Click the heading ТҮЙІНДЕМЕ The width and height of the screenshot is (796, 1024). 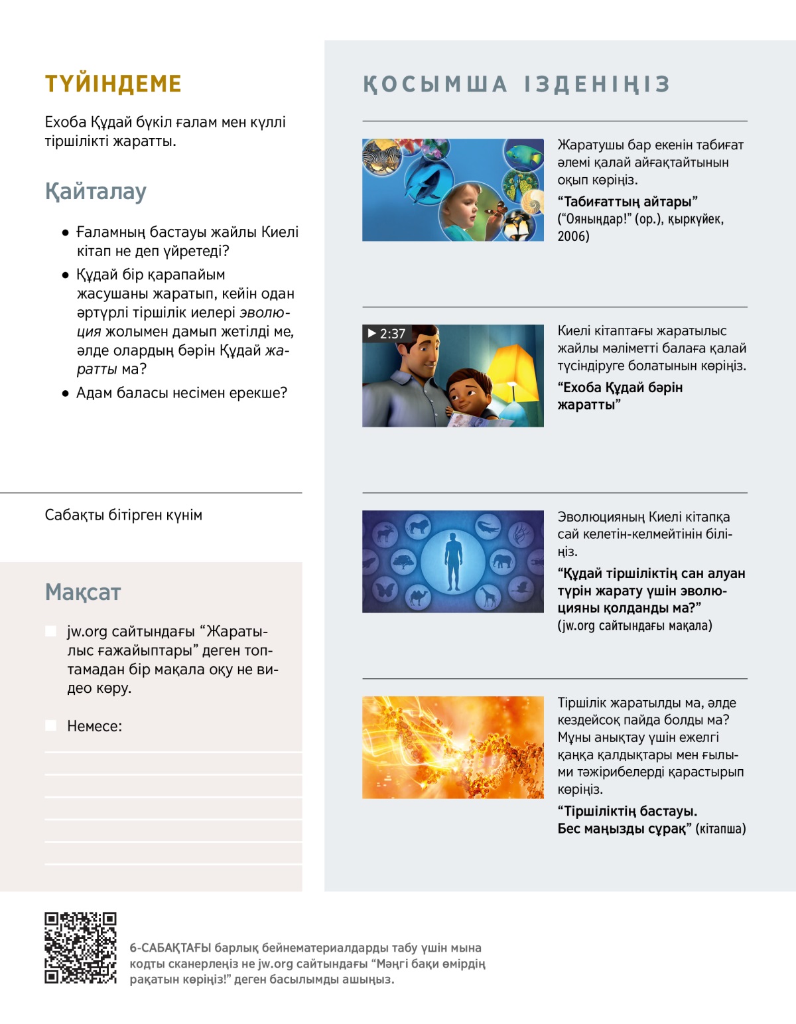coord(113,84)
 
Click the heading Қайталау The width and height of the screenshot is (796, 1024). coord(96,191)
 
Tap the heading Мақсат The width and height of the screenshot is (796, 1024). coord(83,592)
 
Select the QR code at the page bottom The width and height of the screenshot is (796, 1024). coord(80,948)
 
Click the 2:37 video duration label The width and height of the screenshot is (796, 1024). coord(387,334)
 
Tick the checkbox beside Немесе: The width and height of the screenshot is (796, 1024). coord(50,725)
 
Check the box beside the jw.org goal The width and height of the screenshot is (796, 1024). coord(50,630)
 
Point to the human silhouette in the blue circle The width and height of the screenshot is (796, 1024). coord(453,561)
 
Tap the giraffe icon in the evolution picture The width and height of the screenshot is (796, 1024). coord(489,597)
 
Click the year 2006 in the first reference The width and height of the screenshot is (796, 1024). coord(573,236)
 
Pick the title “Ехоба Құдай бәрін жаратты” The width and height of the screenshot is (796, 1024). coord(620,396)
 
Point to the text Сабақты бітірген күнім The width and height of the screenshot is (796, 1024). coord(123,515)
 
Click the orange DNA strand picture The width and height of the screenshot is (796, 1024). coord(453,747)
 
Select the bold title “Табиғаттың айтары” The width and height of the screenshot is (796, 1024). coord(628,202)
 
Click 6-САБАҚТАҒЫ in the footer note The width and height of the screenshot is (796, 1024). coord(170,948)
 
